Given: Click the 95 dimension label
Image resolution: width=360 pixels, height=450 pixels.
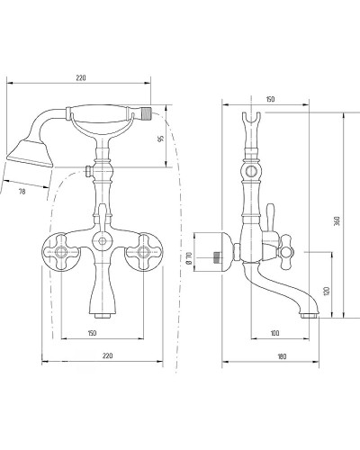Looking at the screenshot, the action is (161, 139).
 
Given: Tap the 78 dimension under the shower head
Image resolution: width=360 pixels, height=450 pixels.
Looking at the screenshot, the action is (22, 191).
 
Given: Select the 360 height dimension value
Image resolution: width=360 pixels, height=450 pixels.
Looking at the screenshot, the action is (337, 220).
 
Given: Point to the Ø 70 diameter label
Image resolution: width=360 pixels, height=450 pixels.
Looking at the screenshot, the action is (189, 258).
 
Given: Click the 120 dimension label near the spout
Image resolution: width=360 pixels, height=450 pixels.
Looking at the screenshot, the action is (327, 291).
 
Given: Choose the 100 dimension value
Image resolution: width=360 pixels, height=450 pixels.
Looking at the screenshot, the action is (274, 333).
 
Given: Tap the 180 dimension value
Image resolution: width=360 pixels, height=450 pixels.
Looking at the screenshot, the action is (282, 356).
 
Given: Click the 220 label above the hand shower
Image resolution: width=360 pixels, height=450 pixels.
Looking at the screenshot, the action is (81, 78).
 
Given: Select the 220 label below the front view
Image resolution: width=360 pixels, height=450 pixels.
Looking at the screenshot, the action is (107, 355).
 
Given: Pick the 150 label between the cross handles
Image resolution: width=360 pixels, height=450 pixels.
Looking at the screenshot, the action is (92, 333).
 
